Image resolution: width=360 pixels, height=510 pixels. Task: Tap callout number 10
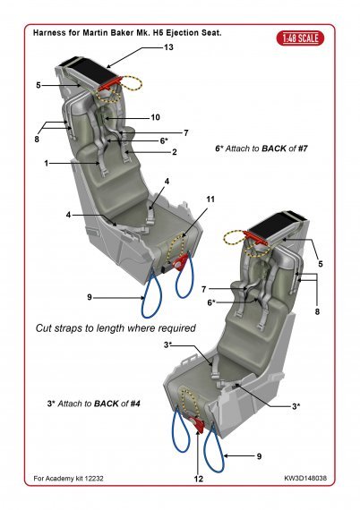(155, 117)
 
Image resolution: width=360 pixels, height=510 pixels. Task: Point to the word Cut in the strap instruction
(46, 328)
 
